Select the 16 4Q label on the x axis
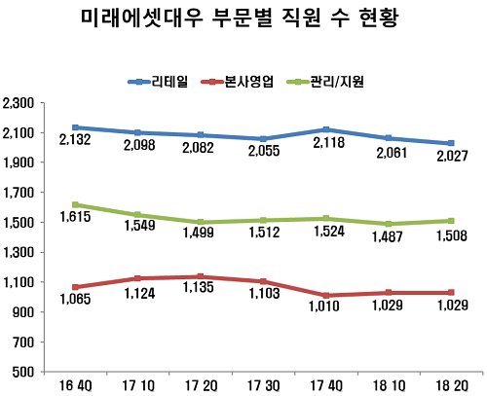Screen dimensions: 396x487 (x=76, y=385)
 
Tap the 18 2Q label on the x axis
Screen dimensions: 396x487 (x=452, y=385)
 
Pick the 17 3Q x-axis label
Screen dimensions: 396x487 (x=263, y=385)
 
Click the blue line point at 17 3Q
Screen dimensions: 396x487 (x=263, y=139)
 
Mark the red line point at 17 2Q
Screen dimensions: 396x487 (x=201, y=276)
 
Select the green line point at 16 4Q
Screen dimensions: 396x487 (x=76, y=204)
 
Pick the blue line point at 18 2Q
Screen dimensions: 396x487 (x=451, y=143)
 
